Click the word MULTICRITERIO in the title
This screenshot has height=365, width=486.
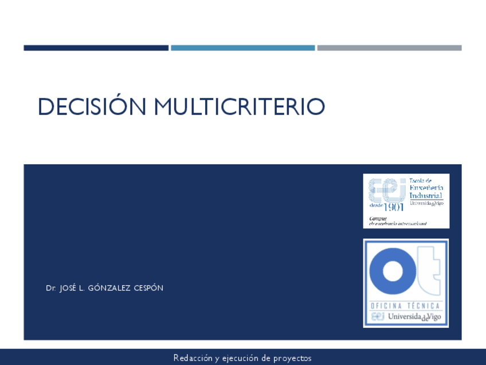[x=239, y=107]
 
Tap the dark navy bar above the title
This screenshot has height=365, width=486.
[x=96, y=48]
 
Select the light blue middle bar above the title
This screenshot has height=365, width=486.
[x=242, y=48]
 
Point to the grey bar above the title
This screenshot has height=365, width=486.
[x=389, y=48]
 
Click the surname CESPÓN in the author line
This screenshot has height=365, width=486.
[x=148, y=288]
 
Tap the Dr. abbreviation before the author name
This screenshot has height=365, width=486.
[x=50, y=288]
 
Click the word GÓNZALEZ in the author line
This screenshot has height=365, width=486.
[x=109, y=288]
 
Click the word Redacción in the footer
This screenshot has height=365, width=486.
[x=193, y=358]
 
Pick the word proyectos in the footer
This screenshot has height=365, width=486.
[x=292, y=358]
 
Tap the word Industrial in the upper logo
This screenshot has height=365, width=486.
[x=425, y=195]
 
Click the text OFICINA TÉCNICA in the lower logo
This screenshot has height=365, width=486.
[x=405, y=306]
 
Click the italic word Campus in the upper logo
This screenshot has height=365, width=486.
[x=378, y=218]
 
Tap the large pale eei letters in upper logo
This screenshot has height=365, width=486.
[x=386, y=190]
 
